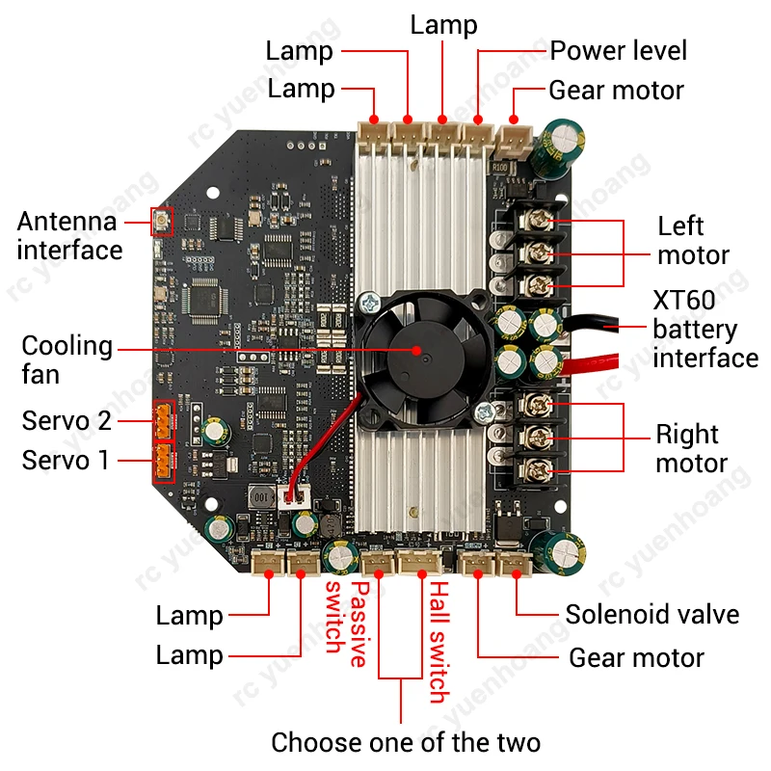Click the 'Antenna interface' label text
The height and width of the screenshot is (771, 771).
click(69, 236)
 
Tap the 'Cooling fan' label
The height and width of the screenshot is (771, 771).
click(66, 359)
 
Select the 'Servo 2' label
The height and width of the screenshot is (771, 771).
click(66, 421)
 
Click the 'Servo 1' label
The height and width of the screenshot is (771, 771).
click(66, 461)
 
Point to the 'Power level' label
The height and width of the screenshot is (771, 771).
click(618, 50)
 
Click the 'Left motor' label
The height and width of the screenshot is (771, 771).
click(693, 241)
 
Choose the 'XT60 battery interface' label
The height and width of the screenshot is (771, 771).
click(705, 330)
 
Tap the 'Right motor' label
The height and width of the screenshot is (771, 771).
click(691, 448)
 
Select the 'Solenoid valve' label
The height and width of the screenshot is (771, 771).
click(651, 615)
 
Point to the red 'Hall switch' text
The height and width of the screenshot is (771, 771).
click(437, 641)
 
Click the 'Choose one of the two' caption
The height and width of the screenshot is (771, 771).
click(405, 742)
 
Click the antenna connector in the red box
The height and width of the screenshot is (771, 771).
click(161, 223)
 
